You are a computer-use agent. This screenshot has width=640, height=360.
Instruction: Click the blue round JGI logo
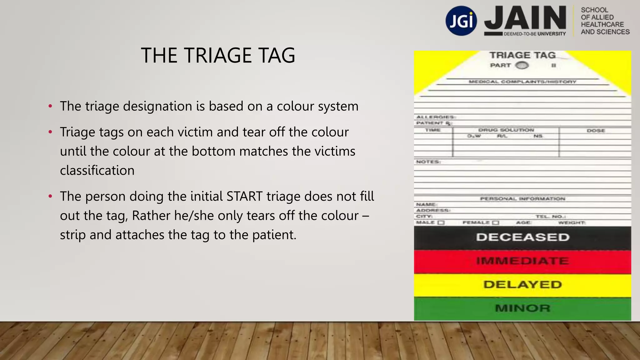pyautogui.click(x=461, y=21)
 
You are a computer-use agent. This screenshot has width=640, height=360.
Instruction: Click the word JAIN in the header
pyautogui.click(x=525, y=18)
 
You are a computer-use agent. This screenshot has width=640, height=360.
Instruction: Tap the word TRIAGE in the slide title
pyautogui.click(x=217, y=56)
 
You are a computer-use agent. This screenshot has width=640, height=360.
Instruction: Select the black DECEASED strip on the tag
pyautogui.click(x=522, y=237)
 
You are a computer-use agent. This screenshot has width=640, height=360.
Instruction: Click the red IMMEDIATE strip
pyautogui.click(x=522, y=261)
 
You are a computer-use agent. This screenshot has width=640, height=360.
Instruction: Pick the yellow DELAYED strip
pyautogui.click(x=522, y=285)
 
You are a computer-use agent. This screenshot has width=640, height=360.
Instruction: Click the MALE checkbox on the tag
pyautogui.click(x=441, y=223)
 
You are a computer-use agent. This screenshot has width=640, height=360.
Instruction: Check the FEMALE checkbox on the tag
pyautogui.click(x=496, y=223)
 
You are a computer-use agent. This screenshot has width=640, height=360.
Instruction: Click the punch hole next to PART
pyautogui.click(x=522, y=65)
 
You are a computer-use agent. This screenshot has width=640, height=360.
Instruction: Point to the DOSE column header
pyautogui.click(x=596, y=131)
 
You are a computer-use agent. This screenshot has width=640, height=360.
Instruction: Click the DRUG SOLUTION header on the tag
pyautogui.click(x=506, y=130)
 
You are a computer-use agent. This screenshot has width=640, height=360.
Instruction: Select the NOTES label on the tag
pyautogui.click(x=428, y=162)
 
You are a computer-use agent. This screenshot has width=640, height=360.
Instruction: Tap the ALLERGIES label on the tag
pyautogui.click(x=435, y=117)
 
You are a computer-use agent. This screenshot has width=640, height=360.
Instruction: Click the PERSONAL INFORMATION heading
pyautogui.click(x=522, y=199)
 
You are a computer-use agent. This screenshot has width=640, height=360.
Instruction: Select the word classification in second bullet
pyautogui.click(x=97, y=171)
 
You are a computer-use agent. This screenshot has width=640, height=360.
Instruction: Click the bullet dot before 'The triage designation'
pyautogui.click(x=50, y=107)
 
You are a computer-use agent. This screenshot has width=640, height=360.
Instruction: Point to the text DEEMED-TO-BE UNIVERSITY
pyautogui.click(x=534, y=34)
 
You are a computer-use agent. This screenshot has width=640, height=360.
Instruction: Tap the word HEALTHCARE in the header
pyautogui.click(x=602, y=24)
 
